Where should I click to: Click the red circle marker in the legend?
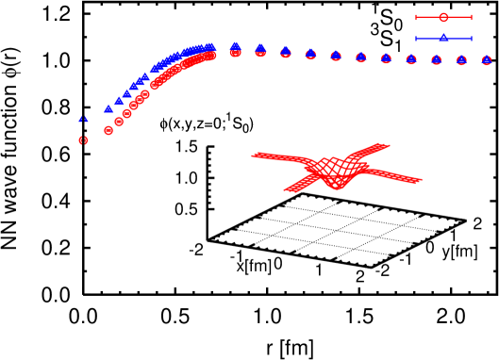coord(443,17)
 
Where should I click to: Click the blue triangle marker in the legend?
coord(443,38)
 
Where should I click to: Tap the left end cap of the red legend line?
coord(416,17)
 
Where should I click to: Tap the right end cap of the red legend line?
coord(472,17)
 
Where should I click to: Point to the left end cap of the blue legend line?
coord(416,38)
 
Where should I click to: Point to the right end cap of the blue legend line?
coord(472,38)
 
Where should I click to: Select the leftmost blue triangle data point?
coord(83,120)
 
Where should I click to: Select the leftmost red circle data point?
coord(83,139)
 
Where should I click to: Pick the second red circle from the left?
coord(108,130)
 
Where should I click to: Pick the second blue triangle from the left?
coord(108,108)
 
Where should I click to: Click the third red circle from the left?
coord(119,121)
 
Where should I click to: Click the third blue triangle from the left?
coord(119,100)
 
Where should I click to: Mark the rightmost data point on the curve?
coord(487,59)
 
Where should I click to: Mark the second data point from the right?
coord(461,59)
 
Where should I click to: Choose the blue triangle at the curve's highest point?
coord(235,45)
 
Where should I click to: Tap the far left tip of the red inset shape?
coord(253,155)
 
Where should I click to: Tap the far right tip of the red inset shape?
coord(421,179)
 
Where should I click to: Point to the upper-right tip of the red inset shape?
coord(388,145)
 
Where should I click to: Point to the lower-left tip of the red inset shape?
coord(286,190)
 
